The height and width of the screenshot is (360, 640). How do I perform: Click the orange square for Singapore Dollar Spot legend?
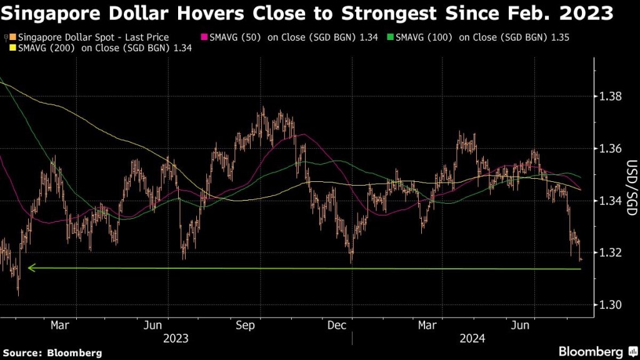pos(12,38)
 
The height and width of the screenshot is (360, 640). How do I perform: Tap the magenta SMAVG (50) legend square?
pos(204,38)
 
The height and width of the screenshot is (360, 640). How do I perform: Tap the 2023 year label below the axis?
pos(176,338)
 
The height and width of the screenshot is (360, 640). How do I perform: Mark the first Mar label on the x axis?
pos(59,325)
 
